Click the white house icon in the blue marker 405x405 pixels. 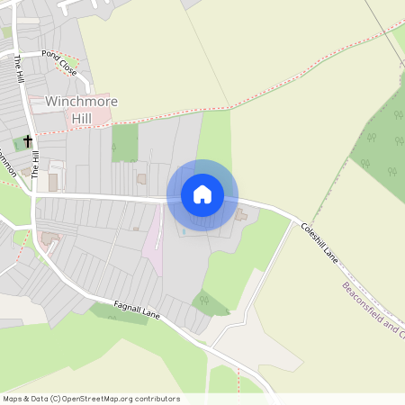(x=202, y=193)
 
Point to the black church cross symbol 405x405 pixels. (x=28, y=140)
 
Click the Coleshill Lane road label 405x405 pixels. (x=319, y=242)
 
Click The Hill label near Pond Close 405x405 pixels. (x=19, y=69)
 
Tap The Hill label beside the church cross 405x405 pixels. (x=36, y=162)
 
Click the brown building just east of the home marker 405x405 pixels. (x=241, y=214)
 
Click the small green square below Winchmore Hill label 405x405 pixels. (x=125, y=142)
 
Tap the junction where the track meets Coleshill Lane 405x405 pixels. (x=293, y=221)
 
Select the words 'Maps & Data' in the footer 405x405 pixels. (x=23, y=399)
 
